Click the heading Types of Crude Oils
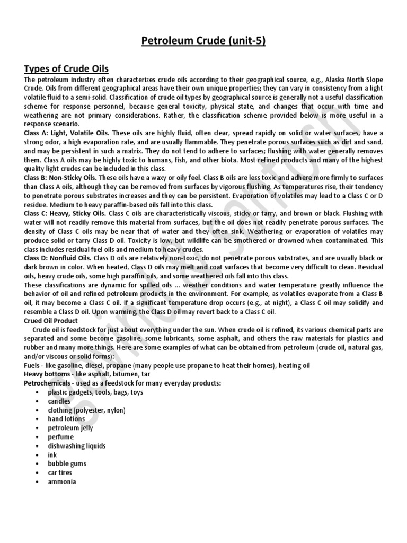pos(66,69)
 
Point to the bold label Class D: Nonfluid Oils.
pos(59,258)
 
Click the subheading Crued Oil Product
pos(51,321)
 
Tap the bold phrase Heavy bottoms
pos(47,375)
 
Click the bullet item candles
pos(59,401)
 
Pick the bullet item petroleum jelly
pos(70,428)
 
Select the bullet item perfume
pos(61,437)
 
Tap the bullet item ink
pos(52,455)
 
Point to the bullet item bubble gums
pos(67,463)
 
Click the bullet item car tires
pos(60,472)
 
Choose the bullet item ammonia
pos(62,481)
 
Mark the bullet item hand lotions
pos(66,419)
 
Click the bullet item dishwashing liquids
pos(77,446)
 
